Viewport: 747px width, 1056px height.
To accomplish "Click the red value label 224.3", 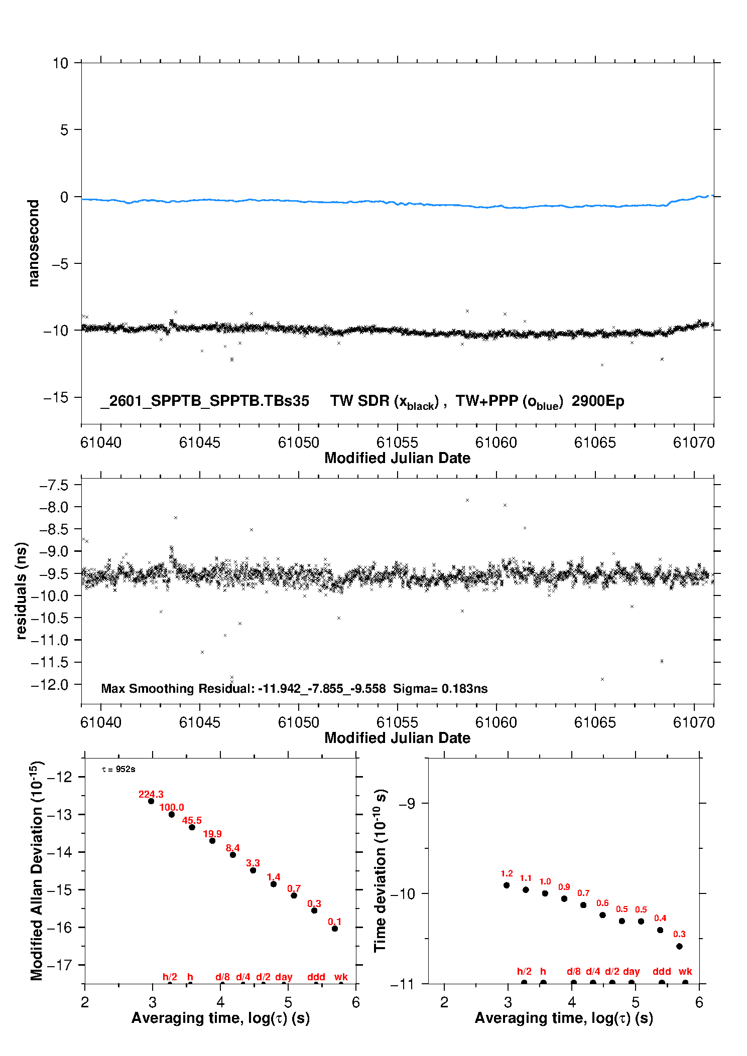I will coord(151,794).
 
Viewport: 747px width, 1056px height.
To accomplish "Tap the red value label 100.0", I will coord(172,808).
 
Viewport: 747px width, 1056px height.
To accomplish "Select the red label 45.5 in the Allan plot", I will coord(192,821).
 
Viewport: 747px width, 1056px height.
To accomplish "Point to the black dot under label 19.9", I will coord(212,841).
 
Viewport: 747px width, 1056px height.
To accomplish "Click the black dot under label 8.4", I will coord(233,855).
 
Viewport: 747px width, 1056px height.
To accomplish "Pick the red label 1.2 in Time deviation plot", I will coord(507,874).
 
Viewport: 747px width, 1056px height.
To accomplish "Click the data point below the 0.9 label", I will coord(564,899).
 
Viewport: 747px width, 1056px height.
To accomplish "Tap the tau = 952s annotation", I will coord(118,770).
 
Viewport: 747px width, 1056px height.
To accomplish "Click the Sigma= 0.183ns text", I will coord(440,689).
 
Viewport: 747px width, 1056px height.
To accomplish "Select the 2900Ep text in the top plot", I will coord(598,401).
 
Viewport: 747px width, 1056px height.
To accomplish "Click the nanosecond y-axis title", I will coord(34,243).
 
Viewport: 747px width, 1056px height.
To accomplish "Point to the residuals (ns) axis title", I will coord(21,591).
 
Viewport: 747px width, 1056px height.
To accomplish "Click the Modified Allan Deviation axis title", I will coord(36,871).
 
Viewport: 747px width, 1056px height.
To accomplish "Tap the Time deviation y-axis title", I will coord(380,871).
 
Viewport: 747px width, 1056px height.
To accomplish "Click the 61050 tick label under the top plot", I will coord(298,443).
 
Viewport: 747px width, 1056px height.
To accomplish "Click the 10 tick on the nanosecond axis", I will coord(60,63).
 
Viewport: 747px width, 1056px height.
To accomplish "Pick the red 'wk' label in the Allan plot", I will coord(341,977).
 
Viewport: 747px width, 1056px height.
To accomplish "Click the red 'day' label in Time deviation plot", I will coord(631,972).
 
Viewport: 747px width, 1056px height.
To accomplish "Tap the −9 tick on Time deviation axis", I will coord(407,804).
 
